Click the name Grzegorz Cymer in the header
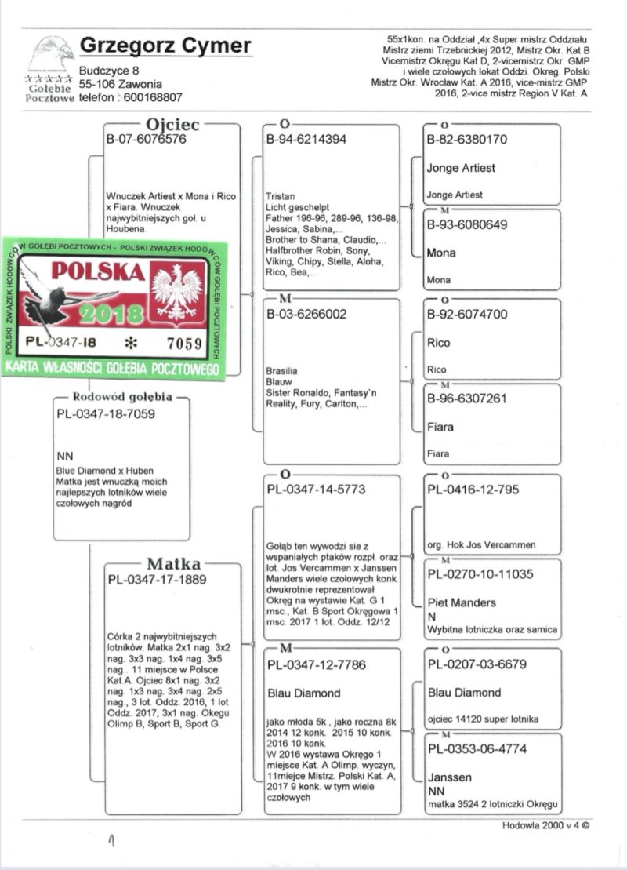pos(165,46)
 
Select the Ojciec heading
pos(172,125)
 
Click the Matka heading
pos(173,564)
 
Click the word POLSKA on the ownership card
pos(98,271)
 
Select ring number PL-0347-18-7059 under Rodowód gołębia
pos(106,413)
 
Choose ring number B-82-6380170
pos(466,140)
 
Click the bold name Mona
pos(441,253)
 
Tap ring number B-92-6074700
pos(467,315)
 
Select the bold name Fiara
pos(442,428)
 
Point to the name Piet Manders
pos(462,602)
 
